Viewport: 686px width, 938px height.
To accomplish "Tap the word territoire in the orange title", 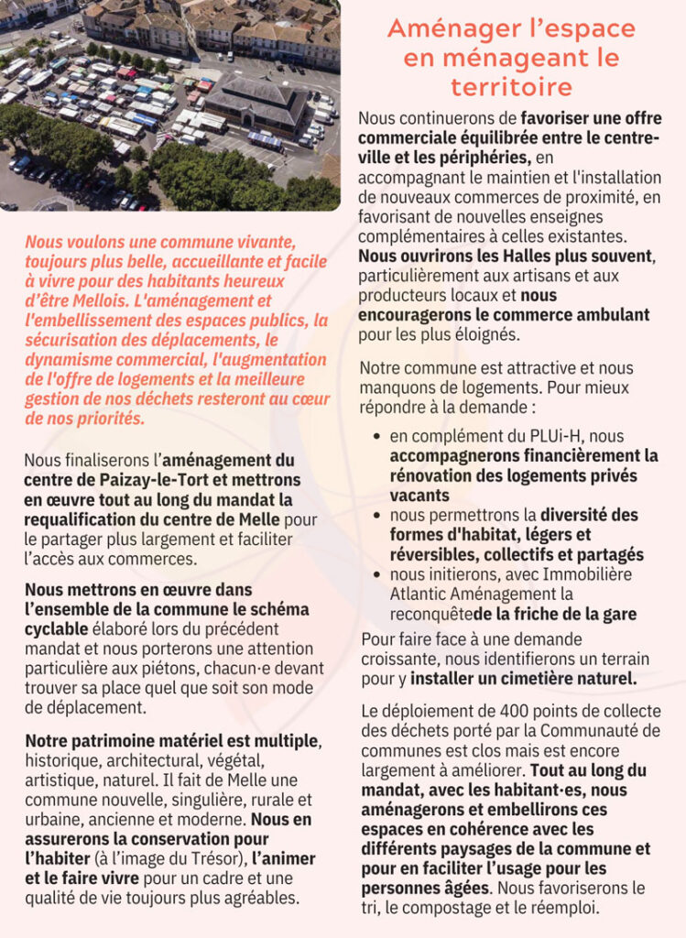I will tap(511, 87).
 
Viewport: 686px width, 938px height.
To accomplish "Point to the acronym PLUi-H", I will tap(532, 436).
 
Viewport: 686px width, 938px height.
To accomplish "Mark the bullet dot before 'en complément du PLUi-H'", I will tap(377, 437).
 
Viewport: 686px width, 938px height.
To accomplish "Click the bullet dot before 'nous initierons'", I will tap(377, 575).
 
